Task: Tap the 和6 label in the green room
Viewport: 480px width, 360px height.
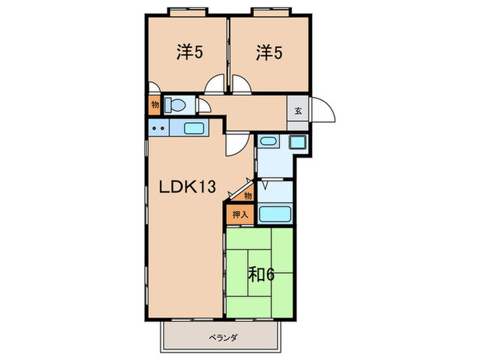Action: (x=261, y=274)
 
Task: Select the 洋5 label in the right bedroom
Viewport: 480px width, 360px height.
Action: (x=269, y=52)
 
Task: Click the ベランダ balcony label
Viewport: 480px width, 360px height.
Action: (x=221, y=337)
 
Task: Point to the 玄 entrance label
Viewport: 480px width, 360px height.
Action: (x=298, y=110)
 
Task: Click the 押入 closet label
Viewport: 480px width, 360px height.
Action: (x=240, y=214)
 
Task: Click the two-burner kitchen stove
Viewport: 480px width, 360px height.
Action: (x=158, y=128)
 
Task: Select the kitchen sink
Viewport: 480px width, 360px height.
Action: (x=194, y=128)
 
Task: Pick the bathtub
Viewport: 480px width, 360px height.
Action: (x=276, y=213)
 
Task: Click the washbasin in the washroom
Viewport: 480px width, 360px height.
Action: (x=268, y=143)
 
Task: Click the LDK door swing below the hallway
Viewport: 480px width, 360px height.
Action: (x=236, y=143)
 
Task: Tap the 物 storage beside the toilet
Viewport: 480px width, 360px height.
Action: (x=154, y=106)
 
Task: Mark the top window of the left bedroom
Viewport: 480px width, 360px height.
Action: (x=187, y=12)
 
